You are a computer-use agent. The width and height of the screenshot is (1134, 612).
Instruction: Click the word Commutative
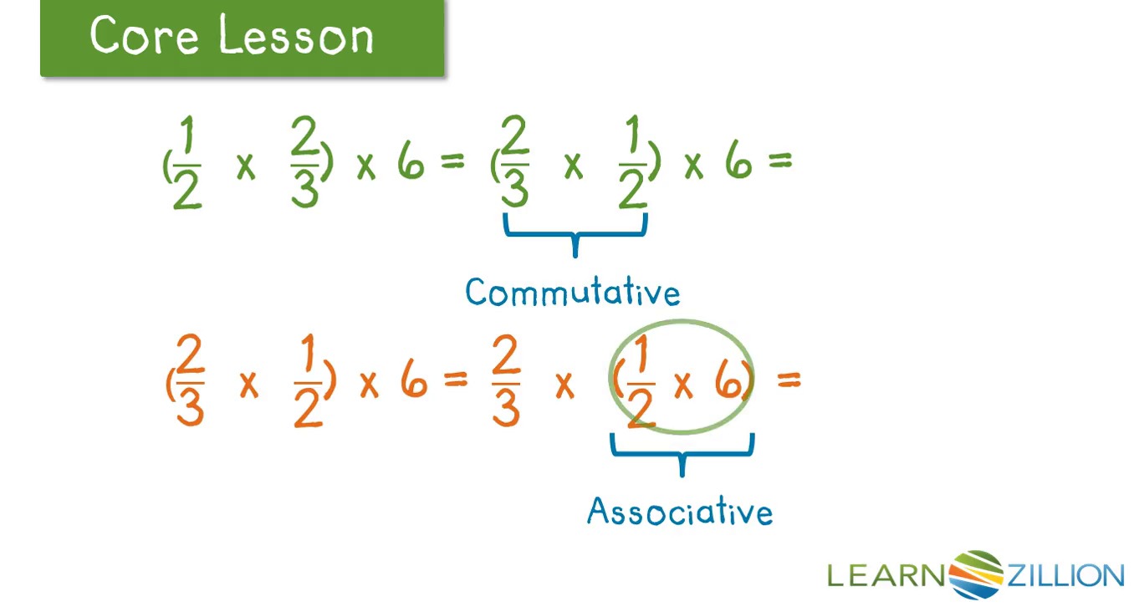tap(573, 292)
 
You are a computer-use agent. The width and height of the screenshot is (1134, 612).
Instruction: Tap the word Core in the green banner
tap(144, 34)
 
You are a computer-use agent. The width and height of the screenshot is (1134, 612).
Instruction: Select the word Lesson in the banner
tap(296, 34)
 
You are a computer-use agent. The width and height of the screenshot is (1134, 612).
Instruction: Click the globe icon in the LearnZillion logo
tap(976, 575)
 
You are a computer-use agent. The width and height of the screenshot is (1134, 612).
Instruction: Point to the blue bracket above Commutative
tap(575, 234)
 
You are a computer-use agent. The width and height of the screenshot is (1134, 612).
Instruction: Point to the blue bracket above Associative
tap(682, 453)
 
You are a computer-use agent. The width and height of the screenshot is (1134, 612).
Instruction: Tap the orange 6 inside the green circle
tap(728, 383)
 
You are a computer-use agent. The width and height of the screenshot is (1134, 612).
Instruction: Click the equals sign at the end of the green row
tap(779, 161)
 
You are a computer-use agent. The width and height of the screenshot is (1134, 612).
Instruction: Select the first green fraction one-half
tap(186, 162)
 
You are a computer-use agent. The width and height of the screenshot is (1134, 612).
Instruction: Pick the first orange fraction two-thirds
tap(190, 380)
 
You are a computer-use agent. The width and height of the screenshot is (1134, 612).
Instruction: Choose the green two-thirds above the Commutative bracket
tap(515, 161)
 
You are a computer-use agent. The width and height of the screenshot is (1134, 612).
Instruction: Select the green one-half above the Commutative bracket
tap(633, 162)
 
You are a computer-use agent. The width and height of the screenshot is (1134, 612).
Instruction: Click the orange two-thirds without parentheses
tap(506, 380)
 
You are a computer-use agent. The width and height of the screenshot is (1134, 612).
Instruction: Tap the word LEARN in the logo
tap(886, 575)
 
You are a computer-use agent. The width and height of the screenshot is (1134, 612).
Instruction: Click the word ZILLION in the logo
tap(1065, 575)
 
